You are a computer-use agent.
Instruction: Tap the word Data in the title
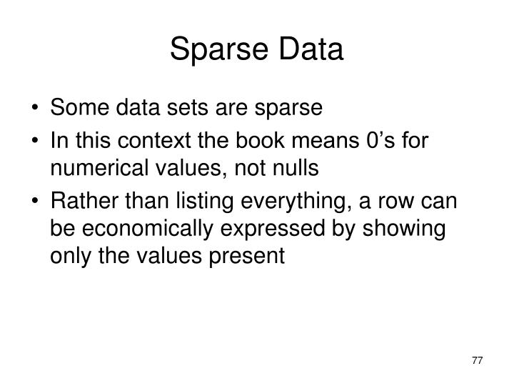pos(309,50)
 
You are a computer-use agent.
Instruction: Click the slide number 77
pos(477,360)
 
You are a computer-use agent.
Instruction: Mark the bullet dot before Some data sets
pos(36,109)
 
